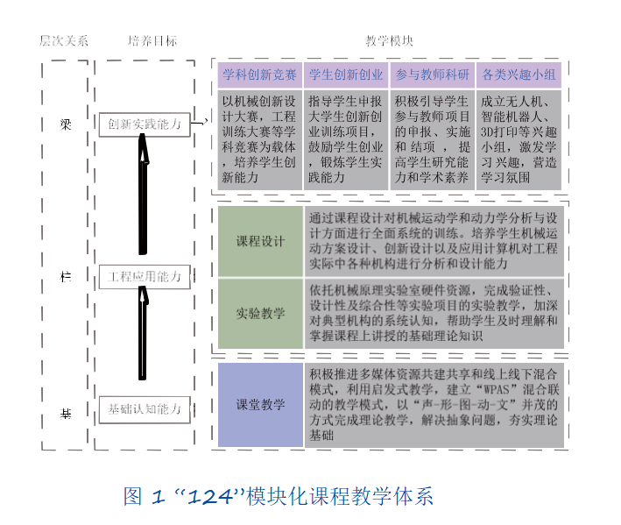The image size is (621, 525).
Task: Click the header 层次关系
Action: click(x=64, y=41)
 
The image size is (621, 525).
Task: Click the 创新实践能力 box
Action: click(x=145, y=124)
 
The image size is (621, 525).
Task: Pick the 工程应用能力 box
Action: click(x=145, y=277)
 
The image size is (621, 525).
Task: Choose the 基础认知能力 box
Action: click(x=145, y=408)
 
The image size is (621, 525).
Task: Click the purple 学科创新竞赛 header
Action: click(x=259, y=74)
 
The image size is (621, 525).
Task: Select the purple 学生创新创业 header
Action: click(x=346, y=74)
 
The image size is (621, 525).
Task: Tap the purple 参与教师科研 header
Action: click(x=432, y=74)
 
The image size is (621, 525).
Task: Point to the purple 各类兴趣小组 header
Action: click(x=519, y=74)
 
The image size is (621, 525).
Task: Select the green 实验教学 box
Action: click(x=260, y=313)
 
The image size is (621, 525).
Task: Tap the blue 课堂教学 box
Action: click(x=260, y=405)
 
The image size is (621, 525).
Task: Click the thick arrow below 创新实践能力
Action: click(x=144, y=195)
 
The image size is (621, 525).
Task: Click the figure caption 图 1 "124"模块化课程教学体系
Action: click(x=279, y=497)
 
